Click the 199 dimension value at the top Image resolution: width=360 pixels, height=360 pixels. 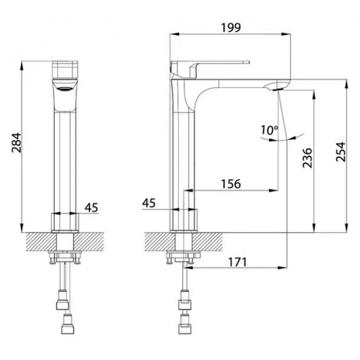[231, 28]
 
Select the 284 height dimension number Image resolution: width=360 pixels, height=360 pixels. [17, 142]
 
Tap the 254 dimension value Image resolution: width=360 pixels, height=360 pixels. [341, 152]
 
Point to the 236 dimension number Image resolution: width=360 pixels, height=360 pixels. [307, 158]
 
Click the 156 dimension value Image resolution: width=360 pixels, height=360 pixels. [231, 184]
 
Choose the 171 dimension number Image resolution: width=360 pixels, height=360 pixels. [238, 262]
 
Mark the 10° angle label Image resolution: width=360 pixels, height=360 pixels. [269, 130]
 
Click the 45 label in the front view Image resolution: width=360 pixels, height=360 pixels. [91, 208]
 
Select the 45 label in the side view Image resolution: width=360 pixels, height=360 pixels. [149, 203]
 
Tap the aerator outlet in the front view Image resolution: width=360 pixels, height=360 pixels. [65, 89]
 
